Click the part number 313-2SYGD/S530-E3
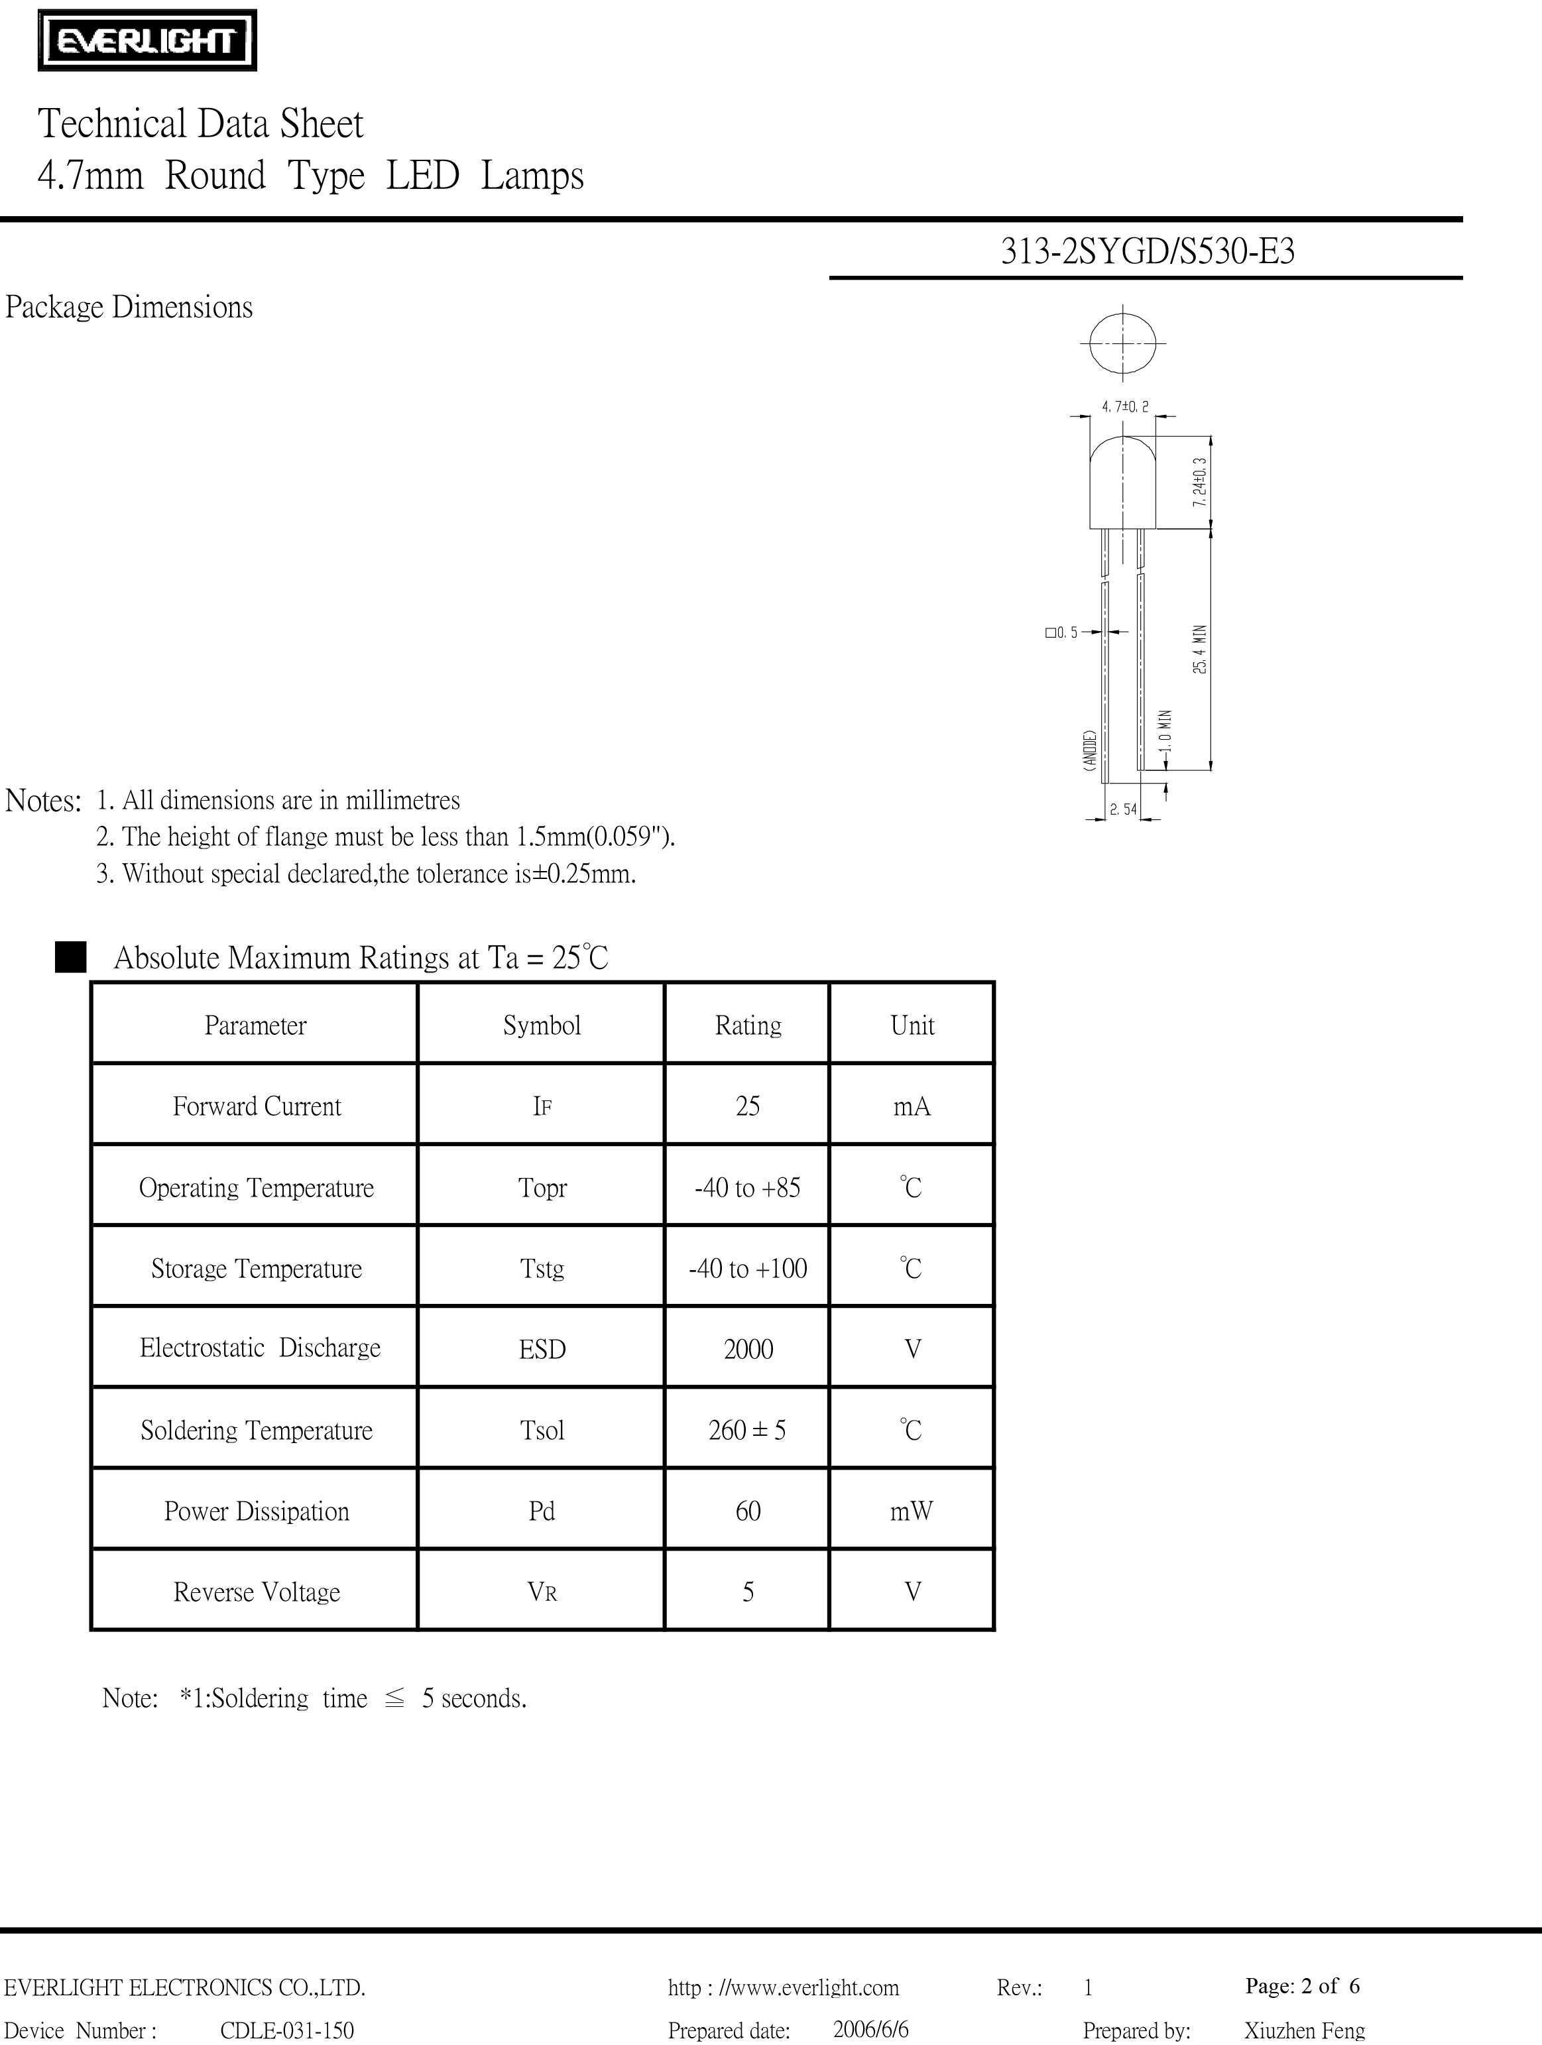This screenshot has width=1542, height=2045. click(1148, 251)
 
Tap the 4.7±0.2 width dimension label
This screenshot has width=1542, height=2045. click(1125, 406)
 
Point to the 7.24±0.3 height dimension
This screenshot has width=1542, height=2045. click(1199, 482)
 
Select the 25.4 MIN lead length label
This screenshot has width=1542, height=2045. click(1200, 649)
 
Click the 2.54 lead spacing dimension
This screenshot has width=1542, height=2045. click(1123, 810)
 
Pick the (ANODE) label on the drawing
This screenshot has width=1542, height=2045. click(1091, 750)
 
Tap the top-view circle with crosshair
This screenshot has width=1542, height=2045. click(1123, 343)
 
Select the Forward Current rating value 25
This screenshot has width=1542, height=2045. click(747, 1106)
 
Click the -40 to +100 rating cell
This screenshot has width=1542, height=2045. click(747, 1268)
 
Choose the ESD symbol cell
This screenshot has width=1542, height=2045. click(542, 1350)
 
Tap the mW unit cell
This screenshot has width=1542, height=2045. click(912, 1511)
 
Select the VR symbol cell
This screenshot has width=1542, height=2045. click(542, 1592)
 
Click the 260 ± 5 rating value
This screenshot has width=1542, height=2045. click(747, 1431)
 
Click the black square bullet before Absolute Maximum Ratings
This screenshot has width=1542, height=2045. click(70, 957)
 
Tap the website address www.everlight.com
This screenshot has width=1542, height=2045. click(783, 1987)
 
